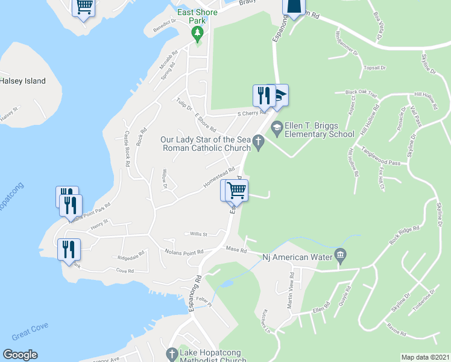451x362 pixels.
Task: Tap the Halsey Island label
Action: pyautogui.click(x=23, y=81)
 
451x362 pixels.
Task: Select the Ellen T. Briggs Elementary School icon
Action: pyautogui.click(x=277, y=126)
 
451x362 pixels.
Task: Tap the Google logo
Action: pyautogui.click(x=20, y=355)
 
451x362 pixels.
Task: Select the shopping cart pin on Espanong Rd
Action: pyautogui.click(x=236, y=191)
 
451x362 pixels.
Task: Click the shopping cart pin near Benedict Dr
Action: pyautogui.click(x=84, y=7)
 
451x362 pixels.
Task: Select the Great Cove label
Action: pyautogui.click(x=29, y=333)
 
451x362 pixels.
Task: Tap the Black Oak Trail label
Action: pyautogui.click(x=361, y=94)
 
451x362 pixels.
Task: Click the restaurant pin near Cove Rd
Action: pyautogui.click(x=68, y=249)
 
